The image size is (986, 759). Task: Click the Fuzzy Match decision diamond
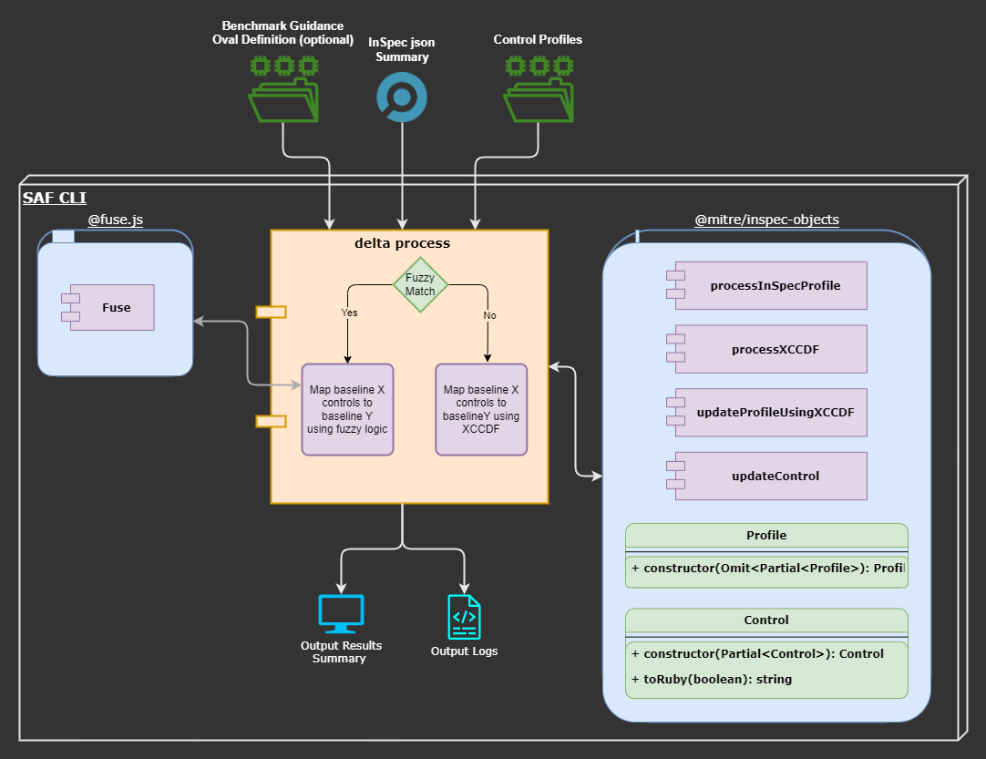[x=420, y=284]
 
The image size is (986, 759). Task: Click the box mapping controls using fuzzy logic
[x=346, y=409]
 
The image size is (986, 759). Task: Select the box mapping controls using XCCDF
[x=481, y=409]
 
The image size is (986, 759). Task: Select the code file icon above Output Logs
[x=464, y=617]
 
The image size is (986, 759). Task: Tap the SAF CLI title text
[x=55, y=198]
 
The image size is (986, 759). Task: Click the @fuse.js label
[x=115, y=221]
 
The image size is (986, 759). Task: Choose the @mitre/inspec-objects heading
[x=766, y=221]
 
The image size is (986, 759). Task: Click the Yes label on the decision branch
[x=349, y=313]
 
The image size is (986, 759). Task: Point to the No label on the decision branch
[x=489, y=315]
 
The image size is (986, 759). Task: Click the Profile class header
[x=766, y=535]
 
